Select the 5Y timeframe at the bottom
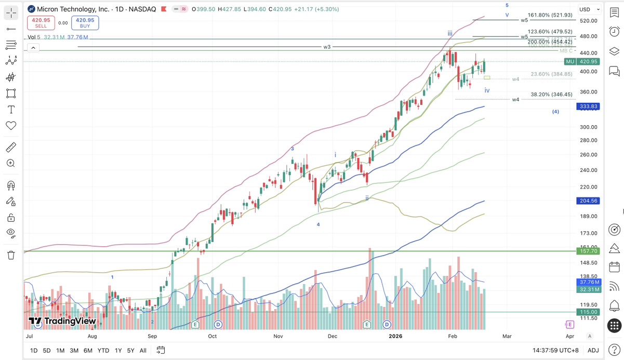tap(130, 351)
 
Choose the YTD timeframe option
tap(103, 351)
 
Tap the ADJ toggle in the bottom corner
tap(593, 351)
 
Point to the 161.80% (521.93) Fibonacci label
tap(550, 16)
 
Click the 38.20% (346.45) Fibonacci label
tap(551, 95)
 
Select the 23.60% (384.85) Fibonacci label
tap(551, 74)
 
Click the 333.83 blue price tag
tap(589, 106)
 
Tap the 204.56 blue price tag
tap(589, 201)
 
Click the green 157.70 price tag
tap(589, 251)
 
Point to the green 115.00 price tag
tap(589, 312)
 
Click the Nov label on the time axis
tap(278, 336)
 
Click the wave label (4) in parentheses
tap(555, 112)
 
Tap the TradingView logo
tap(62, 322)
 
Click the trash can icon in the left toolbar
tap(11, 255)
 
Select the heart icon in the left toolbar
tap(11, 126)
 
